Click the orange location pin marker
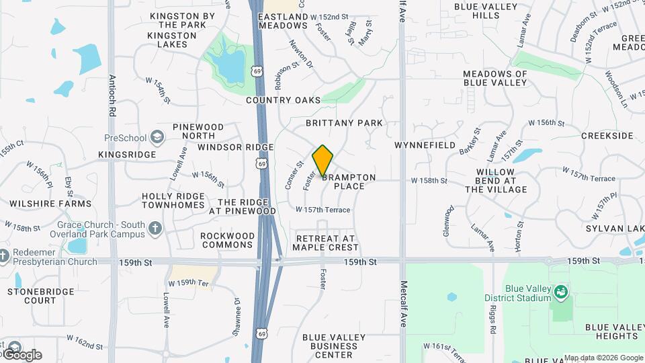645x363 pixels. [323, 161]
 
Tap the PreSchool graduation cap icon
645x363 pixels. [157, 138]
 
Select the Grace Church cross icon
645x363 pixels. [155, 229]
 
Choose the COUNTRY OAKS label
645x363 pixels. [284, 100]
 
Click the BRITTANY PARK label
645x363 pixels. [344, 123]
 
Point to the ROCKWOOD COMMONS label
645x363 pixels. [228, 241]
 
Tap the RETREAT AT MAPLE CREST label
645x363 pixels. [326, 243]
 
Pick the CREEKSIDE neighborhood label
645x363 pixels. [607, 136]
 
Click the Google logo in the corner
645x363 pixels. [22, 354]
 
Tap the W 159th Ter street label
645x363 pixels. [190, 282]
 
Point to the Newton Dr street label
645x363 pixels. [302, 54]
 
